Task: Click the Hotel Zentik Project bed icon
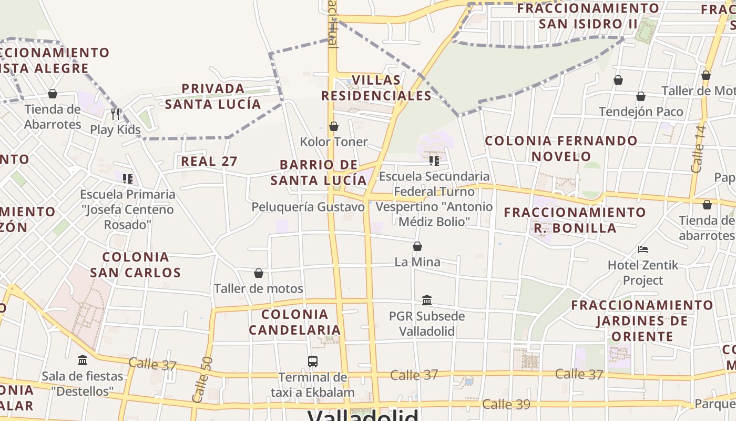[642, 249]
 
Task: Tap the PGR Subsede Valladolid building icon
[427, 300]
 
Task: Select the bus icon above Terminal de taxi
[313, 361]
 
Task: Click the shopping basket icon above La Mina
[417, 246]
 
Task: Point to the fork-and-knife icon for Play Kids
[116, 113]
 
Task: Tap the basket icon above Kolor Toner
[333, 126]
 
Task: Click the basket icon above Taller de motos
[258, 273]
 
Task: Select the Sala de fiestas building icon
[83, 360]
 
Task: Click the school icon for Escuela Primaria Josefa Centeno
[127, 178]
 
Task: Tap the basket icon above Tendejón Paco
[641, 96]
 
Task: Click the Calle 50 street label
[203, 379]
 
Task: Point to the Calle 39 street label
[506, 404]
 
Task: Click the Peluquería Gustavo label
[308, 207]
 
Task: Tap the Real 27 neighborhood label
[209, 161]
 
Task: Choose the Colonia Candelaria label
[294, 322]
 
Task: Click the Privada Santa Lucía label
[213, 96]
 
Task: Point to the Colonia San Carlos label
[135, 265]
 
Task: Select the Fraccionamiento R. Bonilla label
[575, 220]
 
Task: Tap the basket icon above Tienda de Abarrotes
[52, 94]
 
